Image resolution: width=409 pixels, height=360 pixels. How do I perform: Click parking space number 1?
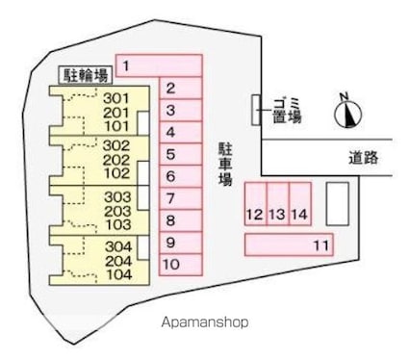pyautogui.click(x=159, y=65)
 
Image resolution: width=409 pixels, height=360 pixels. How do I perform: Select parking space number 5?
pyautogui.click(x=180, y=154)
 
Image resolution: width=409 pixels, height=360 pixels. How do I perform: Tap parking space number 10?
pyautogui.click(x=180, y=264)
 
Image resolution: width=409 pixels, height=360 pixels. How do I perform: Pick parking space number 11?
pyautogui.click(x=289, y=245)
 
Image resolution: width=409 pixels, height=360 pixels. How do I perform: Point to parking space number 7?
pyautogui.click(x=180, y=198)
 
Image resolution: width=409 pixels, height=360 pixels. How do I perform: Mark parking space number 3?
pyautogui.click(x=180, y=111)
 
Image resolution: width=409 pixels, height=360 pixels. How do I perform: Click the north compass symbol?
pyautogui.click(x=346, y=114)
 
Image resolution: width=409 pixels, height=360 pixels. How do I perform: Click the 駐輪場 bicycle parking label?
pyautogui.click(x=84, y=73)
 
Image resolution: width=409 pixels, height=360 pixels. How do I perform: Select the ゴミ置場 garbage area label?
pyautogui.click(x=287, y=110)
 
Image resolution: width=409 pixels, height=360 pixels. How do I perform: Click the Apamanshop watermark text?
pyautogui.click(x=205, y=322)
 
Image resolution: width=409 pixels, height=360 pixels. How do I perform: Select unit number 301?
pyautogui.click(x=116, y=98)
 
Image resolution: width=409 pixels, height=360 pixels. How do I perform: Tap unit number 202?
pyautogui.click(x=116, y=160)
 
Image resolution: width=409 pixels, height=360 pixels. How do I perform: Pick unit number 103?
pyautogui.click(x=116, y=224)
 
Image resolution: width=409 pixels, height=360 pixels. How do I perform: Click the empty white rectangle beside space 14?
pyautogui.click(x=338, y=203)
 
